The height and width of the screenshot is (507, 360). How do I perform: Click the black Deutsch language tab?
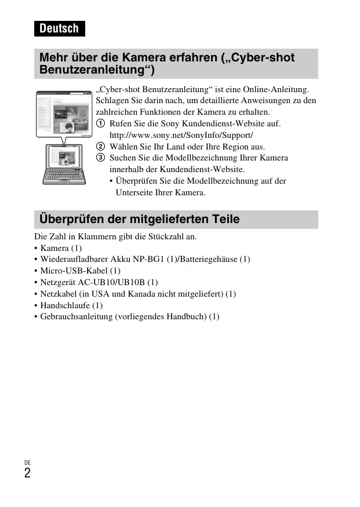[x=59, y=28]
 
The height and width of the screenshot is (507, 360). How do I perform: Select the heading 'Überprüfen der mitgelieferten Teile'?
[x=139, y=220]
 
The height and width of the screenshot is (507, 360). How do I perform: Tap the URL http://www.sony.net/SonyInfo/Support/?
[x=181, y=135]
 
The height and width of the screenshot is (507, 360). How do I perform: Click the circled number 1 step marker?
[x=101, y=124]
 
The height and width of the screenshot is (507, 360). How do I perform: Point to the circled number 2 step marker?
[x=101, y=147]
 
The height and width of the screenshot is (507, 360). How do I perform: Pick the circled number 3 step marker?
[x=101, y=158]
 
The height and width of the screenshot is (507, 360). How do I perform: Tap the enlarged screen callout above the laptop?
[x=64, y=114]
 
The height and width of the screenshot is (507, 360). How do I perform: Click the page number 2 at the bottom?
[x=27, y=473]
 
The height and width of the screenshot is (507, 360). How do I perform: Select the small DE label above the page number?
[x=27, y=462]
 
